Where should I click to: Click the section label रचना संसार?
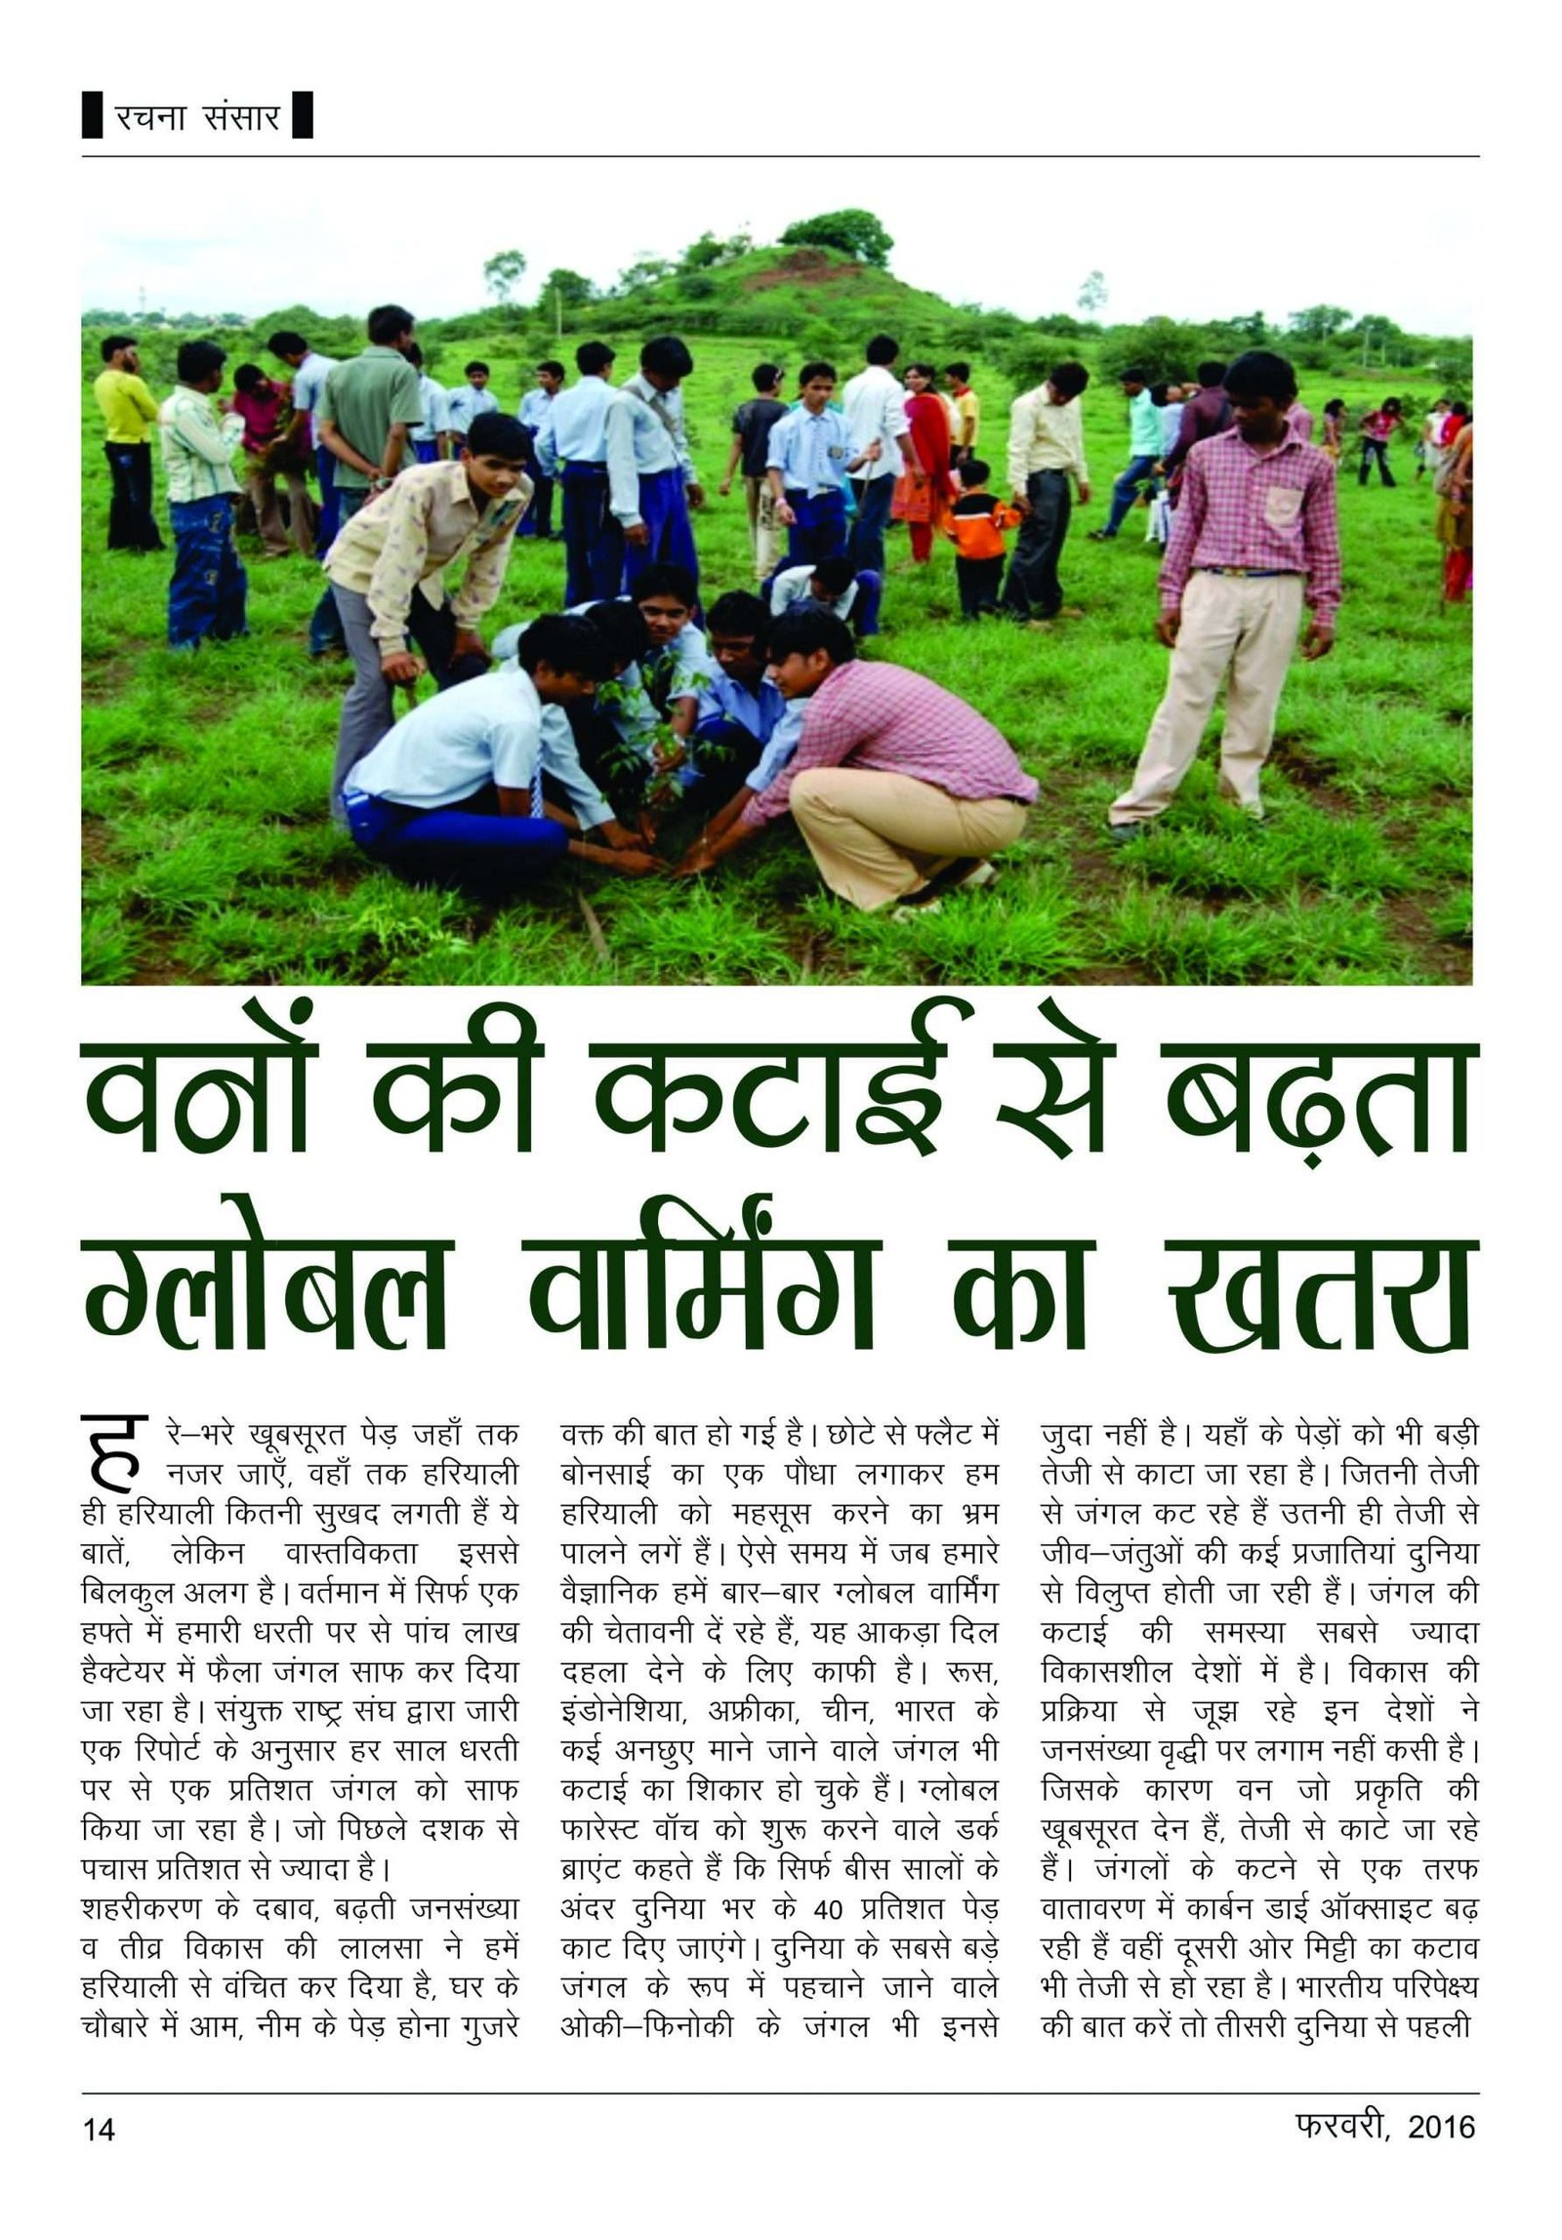tap(197, 117)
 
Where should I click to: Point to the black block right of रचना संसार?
tap(302, 115)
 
